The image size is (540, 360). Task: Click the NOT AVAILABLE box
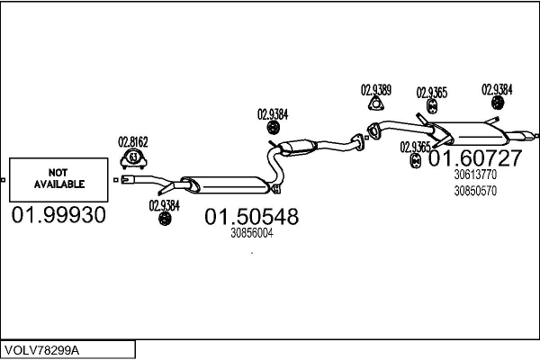click(58, 179)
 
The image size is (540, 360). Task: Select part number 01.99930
click(58, 215)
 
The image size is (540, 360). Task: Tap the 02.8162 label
click(133, 142)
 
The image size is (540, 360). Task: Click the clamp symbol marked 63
click(133, 158)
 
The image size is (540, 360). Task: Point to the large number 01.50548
click(252, 217)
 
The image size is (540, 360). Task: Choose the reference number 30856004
click(252, 233)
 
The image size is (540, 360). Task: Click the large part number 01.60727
click(475, 158)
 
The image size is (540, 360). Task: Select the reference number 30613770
click(475, 175)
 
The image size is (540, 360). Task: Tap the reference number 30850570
click(475, 191)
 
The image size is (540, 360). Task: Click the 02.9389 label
click(376, 90)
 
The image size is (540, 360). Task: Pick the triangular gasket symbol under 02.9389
click(376, 103)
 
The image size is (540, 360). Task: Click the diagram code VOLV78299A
click(41, 350)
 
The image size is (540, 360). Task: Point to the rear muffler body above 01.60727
click(470, 132)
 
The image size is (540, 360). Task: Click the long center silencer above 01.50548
click(226, 184)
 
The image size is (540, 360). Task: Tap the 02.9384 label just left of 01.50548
click(165, 206)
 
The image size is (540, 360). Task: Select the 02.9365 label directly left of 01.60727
click(415, 148)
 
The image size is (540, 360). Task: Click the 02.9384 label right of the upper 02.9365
click(497, 90)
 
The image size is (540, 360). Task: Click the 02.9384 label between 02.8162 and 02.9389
click(273, 114)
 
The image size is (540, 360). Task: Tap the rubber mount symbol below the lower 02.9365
click(416, 161)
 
